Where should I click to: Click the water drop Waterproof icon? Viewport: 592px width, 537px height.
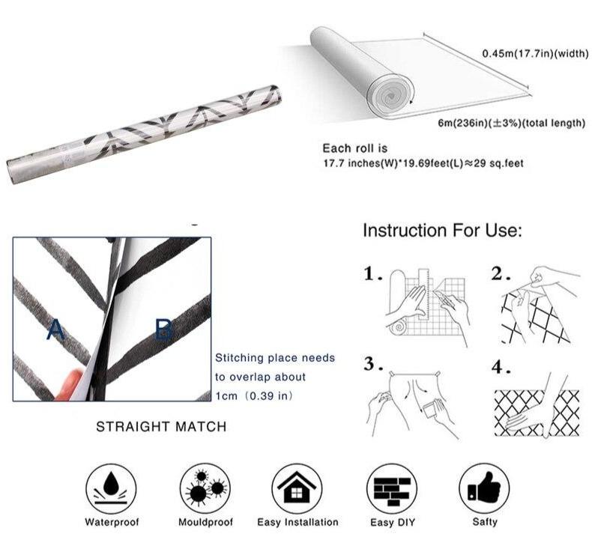pyautogui.click(x=111, y=489)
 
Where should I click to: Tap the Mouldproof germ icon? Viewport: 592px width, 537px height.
pyautogui.click(x=205, y=489)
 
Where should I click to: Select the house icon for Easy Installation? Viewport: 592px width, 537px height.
pyautogui.click(x=297, y=489)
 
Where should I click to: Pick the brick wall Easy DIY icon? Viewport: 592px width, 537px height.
pyautogui.click(x=392, y=489)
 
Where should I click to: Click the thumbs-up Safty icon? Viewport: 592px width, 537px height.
pyautogui.click(x=484, y=489)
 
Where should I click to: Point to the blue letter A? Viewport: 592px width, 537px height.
pyautogui.click(x=55, y=330)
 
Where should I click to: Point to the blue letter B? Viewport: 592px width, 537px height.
pyautogui.click(x=164, y=330)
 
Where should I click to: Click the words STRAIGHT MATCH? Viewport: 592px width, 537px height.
pyautogui.click(x=161, y=427)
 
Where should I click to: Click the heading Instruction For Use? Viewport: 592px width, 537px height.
pyautogui.click(x=442, y=230)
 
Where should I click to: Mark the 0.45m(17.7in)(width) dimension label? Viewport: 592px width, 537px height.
pyautogui.click(x=535, y=54)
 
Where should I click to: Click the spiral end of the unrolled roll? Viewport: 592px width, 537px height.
pyautogui.click(x=390, y=94)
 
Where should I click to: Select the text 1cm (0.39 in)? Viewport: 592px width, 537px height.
pyautogui.click(x=254, y=396)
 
